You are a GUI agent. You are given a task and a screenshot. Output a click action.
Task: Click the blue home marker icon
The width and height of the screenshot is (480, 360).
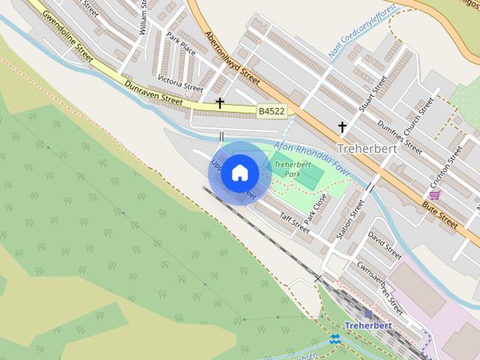pos(239,172)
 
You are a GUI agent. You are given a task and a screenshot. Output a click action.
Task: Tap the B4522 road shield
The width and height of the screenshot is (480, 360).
pos(271,111)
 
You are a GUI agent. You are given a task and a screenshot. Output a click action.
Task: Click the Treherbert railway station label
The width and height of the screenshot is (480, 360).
pos(368,325)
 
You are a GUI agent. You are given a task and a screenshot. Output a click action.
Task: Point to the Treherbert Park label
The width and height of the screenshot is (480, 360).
pos(292,169)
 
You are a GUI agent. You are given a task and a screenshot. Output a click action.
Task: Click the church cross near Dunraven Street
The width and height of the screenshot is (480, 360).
pos(220,103)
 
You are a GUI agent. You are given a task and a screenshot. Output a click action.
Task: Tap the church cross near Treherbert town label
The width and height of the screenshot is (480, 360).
pos(343,127)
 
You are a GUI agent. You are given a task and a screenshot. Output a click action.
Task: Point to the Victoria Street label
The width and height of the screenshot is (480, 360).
pos(180,83)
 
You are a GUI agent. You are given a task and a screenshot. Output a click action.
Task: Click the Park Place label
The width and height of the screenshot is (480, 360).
pos(181,46)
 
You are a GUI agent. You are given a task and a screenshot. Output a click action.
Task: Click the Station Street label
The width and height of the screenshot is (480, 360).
pos(349,217)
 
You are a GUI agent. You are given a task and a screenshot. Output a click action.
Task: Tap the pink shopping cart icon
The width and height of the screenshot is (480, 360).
pos(435,195)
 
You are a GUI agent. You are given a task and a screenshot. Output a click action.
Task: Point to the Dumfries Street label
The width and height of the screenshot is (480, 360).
pos(400,136)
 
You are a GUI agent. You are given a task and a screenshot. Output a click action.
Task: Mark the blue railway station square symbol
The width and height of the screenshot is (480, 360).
pos(367,313)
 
